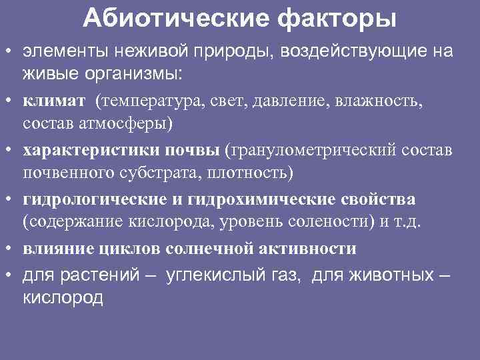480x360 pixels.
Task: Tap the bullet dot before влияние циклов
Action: [13, 249]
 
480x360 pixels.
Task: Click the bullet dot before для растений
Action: [13, 275]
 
